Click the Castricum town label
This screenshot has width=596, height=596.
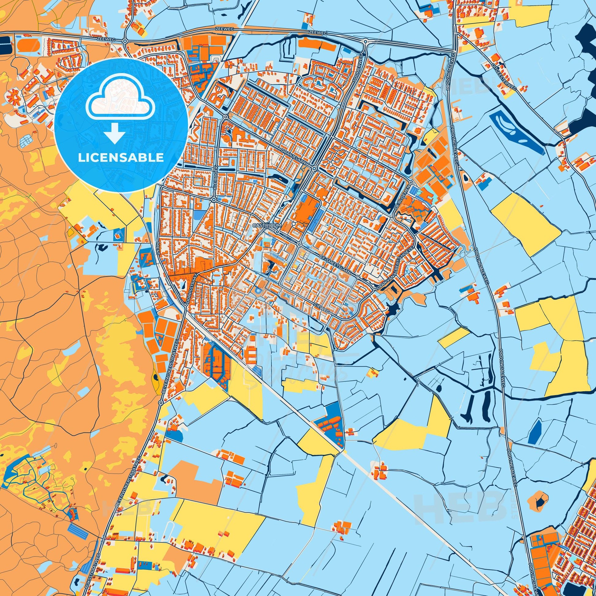coord(263,225)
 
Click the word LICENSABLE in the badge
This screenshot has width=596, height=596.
coord(121,158)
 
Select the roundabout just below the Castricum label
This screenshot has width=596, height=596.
coord(277,232)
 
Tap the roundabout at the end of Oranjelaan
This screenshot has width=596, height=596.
coord(314,168)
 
